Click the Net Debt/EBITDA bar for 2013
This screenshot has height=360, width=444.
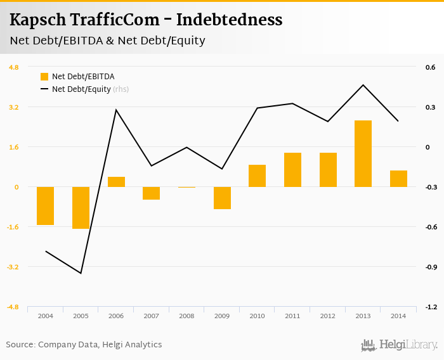tap(363, 153)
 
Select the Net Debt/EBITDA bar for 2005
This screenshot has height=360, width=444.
tap(81, 207)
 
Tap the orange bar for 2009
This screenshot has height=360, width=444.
tap(222, 198)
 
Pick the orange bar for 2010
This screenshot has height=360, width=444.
tap(257, 176)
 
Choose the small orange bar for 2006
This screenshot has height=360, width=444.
tap(116, 182)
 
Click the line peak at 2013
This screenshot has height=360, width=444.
tap(363, 85)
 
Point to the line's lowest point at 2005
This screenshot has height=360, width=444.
tap(81, 273)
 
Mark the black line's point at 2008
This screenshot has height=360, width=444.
tap(186, 148)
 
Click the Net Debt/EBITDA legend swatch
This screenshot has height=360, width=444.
tap(44, 77)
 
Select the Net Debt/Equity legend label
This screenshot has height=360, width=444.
tap(81, 89)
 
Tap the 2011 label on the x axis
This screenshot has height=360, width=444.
tap(292, 316)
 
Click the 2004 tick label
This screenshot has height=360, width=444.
tap(45, 316)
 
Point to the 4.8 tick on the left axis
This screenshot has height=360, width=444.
tap(13, 67)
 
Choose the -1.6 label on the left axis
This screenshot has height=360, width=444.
tap(13, 227)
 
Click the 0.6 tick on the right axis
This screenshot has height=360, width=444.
tap(430, 67)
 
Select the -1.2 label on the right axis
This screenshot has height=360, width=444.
tap(430, 307)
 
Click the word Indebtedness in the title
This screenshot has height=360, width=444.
tap(229, 20)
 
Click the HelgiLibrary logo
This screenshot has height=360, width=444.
tap(399, 345)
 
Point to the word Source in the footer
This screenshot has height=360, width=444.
tap(20, 345)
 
